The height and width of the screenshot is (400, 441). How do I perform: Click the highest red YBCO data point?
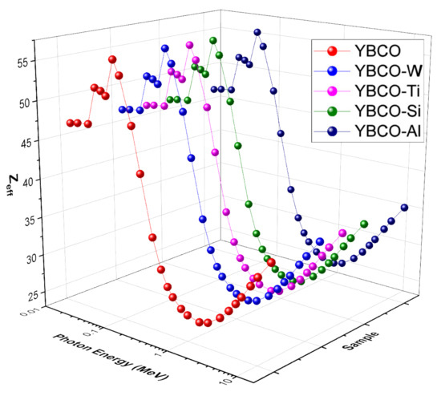(x=112, y=60)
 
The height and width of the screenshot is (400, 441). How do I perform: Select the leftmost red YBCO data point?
(x=70, y=123)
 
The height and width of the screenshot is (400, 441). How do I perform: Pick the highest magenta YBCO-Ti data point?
(x=190, y=46)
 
